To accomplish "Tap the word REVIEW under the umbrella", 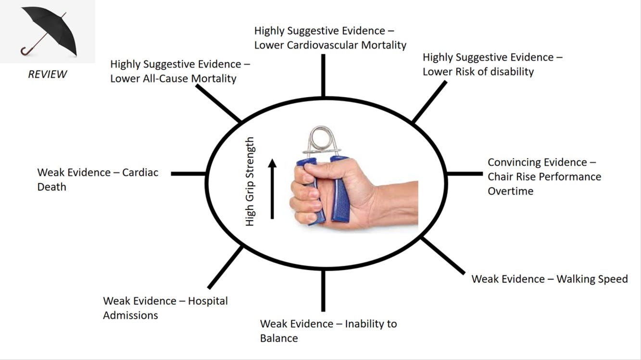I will click(47, 74).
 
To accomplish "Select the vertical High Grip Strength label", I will click(250, 182).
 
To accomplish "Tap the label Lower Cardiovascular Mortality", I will click(330, 45).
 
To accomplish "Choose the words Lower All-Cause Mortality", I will click(173, 78).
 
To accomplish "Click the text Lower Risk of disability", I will click(478, 72).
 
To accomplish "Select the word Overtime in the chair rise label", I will click(510, 191).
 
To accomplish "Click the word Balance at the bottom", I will click(279, 338).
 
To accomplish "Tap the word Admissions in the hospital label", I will click(130, 315).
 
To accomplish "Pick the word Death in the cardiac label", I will click(51, 187).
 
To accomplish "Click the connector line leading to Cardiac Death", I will click(189, 174).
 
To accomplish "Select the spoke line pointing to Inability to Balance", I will click(323, 291).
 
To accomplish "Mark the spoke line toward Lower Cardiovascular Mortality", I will click(323, 75).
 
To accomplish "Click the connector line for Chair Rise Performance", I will click(465, 174).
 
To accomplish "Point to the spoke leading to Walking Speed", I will click(443, 255).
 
